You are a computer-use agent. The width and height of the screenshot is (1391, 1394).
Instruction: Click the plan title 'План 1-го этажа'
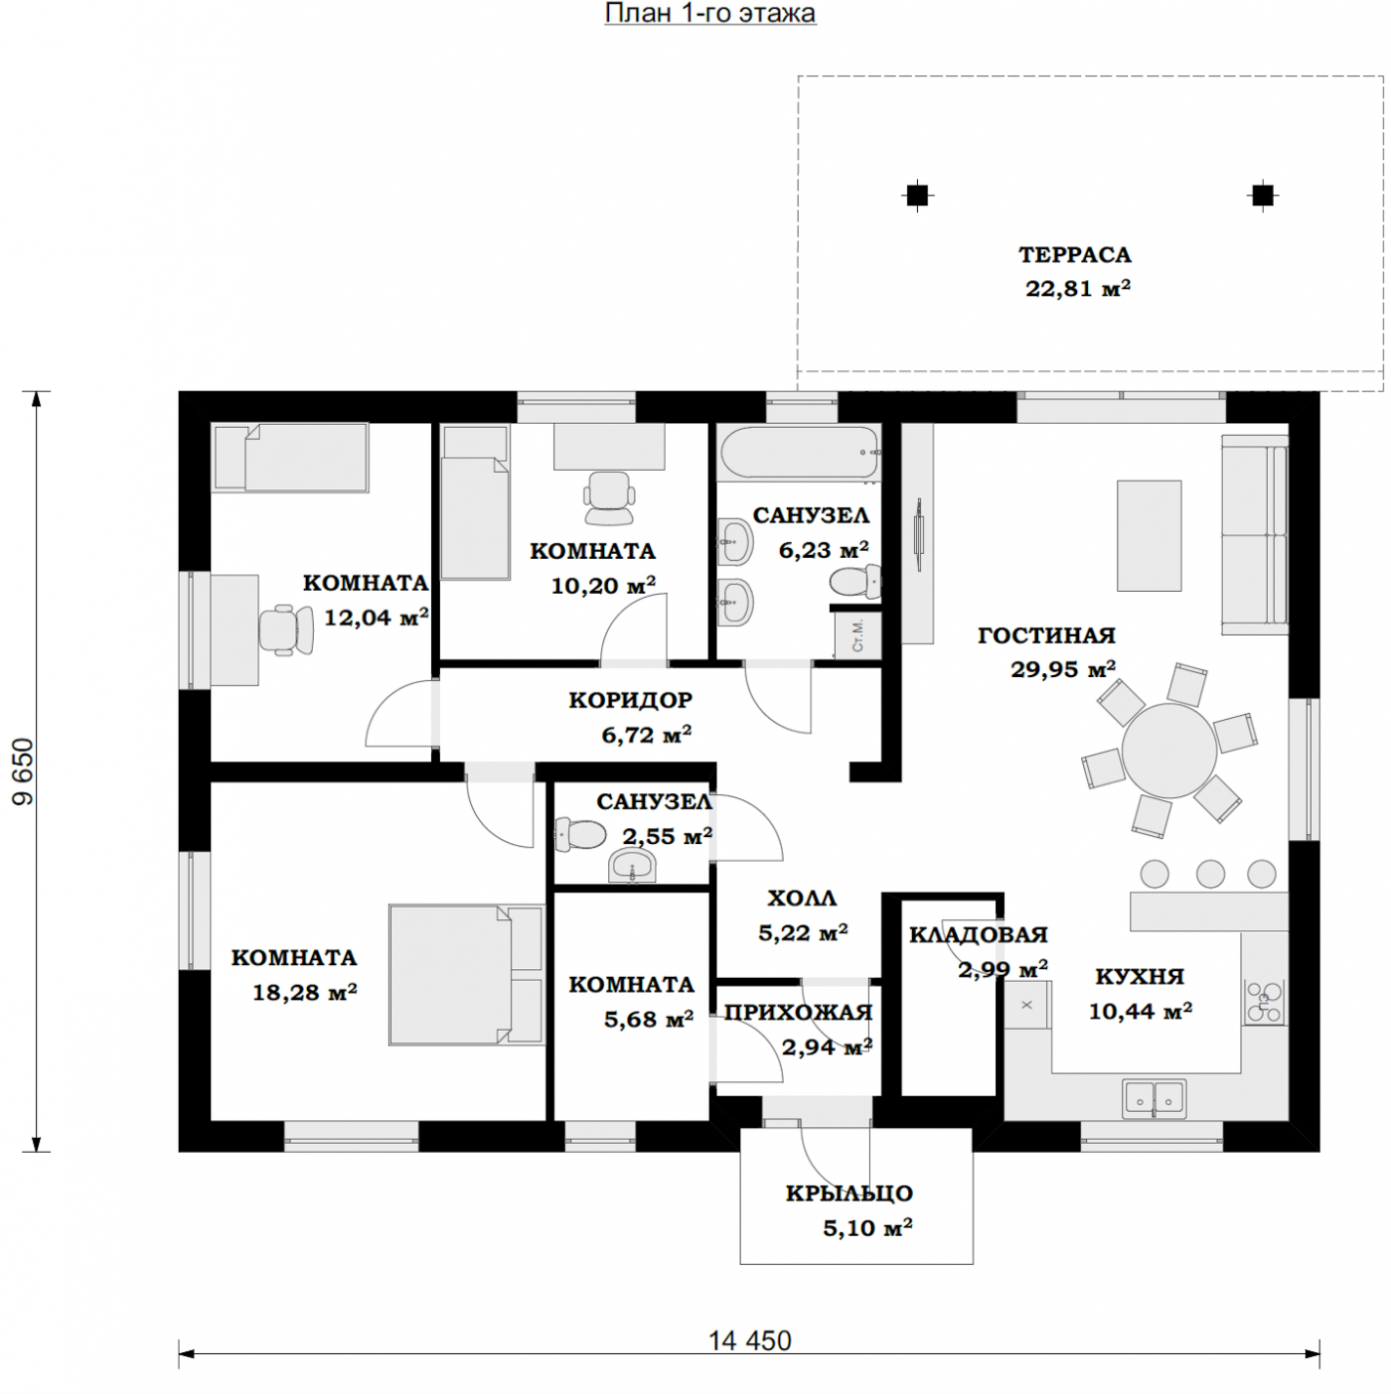click(710, 13)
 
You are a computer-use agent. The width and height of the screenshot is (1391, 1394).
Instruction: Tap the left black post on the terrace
click(917, 195)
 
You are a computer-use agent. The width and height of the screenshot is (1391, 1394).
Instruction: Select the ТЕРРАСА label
click(1075, 254)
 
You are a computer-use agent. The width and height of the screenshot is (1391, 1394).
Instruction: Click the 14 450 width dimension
click(749, 1340)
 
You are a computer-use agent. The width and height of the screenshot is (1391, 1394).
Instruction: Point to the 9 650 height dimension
click(23, 771)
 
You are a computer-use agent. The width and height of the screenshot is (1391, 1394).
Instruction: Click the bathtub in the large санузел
click(799, 453)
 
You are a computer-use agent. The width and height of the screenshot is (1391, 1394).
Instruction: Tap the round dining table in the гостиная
click(1168, 751)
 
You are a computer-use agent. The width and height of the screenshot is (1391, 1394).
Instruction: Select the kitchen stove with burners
click(1264, 1001)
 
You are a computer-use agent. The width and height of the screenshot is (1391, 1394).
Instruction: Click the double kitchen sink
click(1155, 1098)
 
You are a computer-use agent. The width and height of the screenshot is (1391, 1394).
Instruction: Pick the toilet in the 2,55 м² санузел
click(580, 835)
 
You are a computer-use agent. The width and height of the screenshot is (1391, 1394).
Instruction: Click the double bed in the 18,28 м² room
click(466, 974)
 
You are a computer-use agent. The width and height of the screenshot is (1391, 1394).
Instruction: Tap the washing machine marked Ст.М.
click(857, 634)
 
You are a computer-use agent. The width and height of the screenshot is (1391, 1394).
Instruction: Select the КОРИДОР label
click(630, 700)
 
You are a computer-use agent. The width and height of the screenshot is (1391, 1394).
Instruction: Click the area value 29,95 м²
click(1063, 668)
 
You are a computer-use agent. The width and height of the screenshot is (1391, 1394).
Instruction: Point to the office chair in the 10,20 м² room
click(609, 497)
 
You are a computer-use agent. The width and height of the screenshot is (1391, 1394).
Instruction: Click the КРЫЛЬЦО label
click(850, 1192)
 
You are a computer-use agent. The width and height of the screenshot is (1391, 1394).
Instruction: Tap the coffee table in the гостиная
click(1150, 535)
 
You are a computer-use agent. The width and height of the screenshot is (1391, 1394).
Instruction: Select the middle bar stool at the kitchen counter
click(1210, 874)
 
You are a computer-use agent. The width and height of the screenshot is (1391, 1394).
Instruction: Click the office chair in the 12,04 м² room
click(286, 629)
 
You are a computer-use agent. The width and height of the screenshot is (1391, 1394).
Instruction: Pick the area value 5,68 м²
click(649, 1019)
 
